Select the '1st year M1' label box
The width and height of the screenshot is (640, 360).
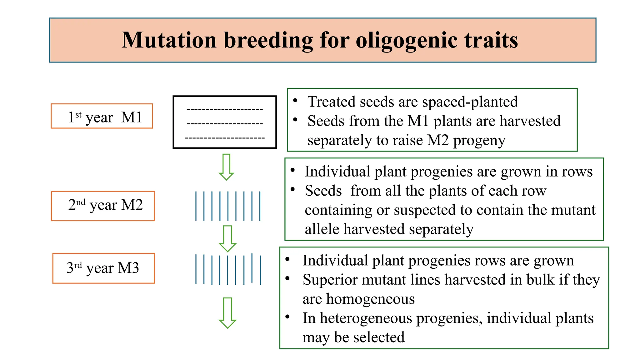102,116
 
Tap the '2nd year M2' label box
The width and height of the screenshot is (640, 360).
103,206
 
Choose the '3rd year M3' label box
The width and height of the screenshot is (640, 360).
103,268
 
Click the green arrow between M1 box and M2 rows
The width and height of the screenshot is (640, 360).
226,167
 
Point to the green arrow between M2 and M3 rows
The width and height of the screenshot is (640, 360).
227,238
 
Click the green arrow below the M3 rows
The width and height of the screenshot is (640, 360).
227,312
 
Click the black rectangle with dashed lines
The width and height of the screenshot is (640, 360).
225,122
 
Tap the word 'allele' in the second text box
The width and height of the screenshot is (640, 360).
322,229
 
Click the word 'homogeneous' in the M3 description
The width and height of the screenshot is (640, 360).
370,299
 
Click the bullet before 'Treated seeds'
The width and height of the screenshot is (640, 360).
295,101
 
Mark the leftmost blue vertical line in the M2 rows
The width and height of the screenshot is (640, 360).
196,206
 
